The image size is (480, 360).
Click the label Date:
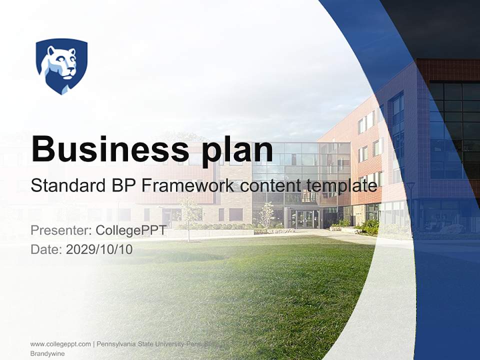pyautogui.click(x=46, y=249)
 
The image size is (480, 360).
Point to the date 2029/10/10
pyautogui.click(x=99, y=249)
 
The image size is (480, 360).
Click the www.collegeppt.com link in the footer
pyautogui.click(x=60, y=344)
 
